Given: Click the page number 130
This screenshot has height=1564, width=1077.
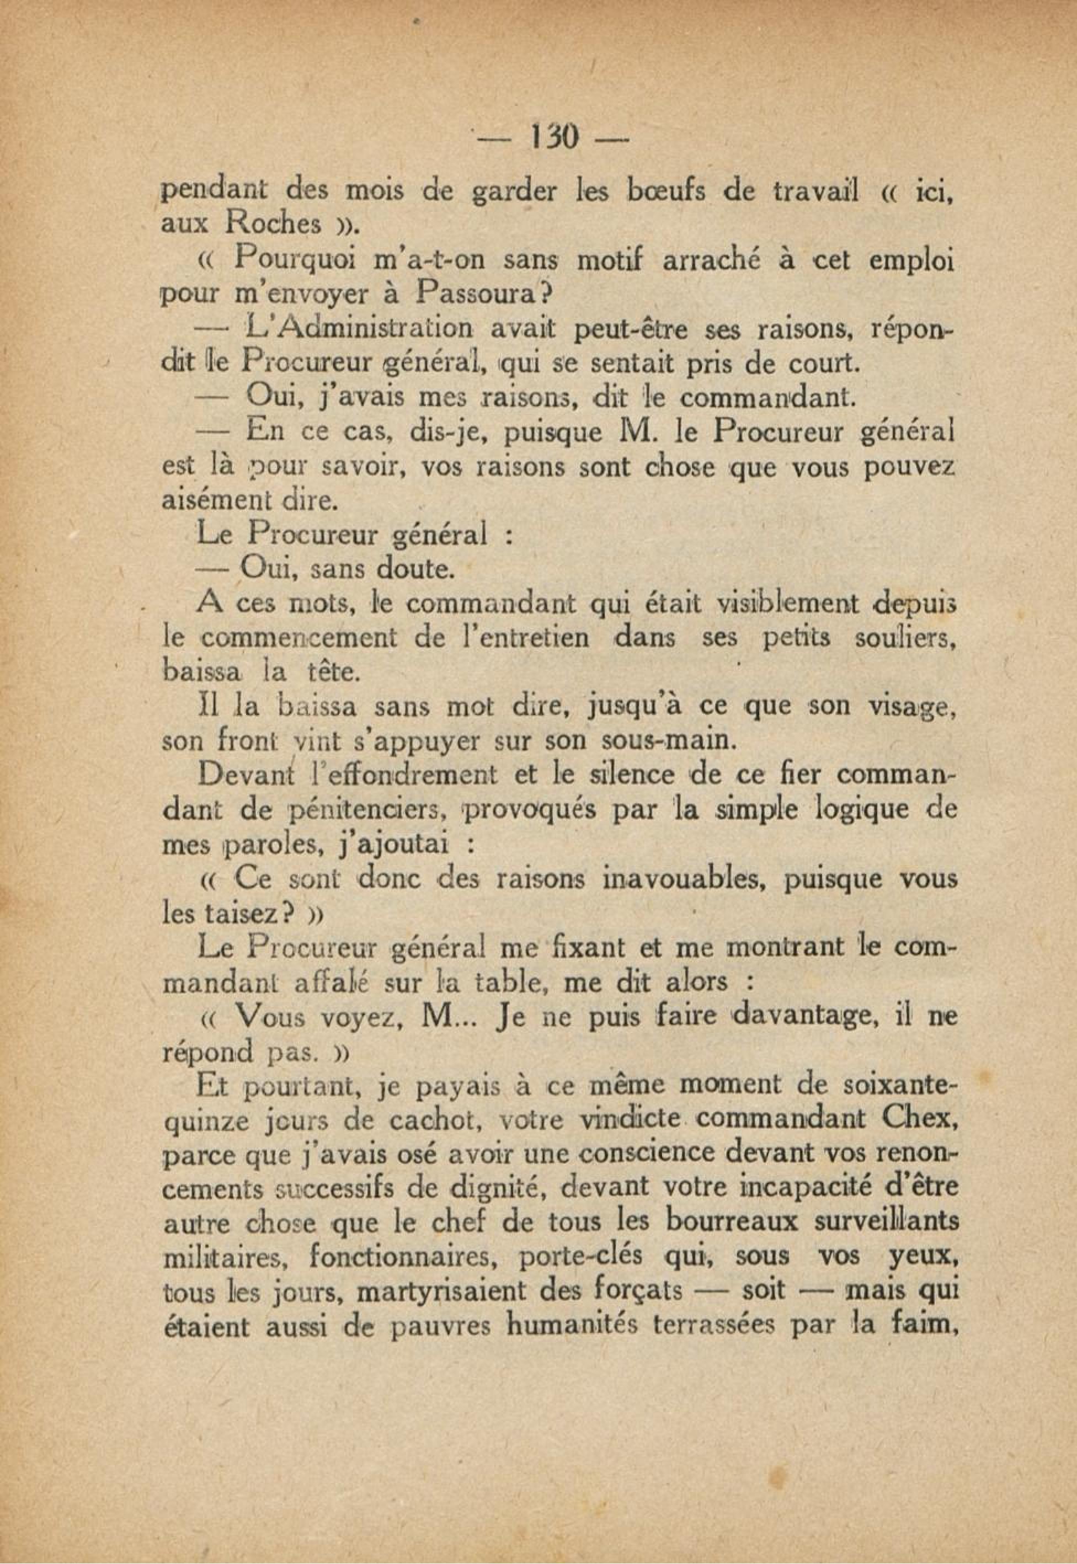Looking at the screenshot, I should pos(553,138).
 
